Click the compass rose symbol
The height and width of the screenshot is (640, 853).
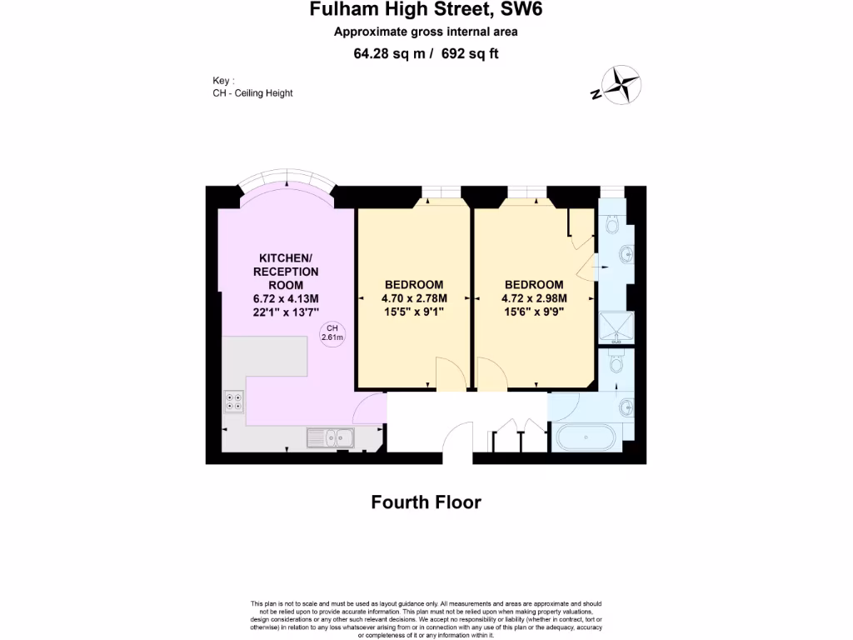pyautogui.click(x=620, y=86)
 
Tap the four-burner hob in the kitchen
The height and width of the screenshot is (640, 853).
pyautogui.click(x=234, y=402)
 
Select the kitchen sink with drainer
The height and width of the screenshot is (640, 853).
pyautogui.click(x=332, y=436)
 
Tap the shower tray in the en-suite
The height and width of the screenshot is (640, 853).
pyautogui.click(x=617, y=328)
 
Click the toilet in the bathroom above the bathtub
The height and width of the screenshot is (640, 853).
pyautogui.click(x=616, y=363)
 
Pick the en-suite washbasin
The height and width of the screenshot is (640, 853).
pyautogui.click(x=626, y=252)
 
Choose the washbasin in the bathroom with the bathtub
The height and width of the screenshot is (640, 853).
pyautogui.click(x=626, y=407)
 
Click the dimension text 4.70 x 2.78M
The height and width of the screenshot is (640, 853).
pyautogui.click(x=414, y=298)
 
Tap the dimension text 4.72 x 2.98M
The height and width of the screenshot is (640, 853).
pyautogui.click(x=534, y=298)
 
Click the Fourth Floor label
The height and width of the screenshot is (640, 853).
pyautogui.click(x=426, y=502)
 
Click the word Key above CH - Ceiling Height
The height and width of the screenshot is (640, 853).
pyautogui.click(x=222, y=81)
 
